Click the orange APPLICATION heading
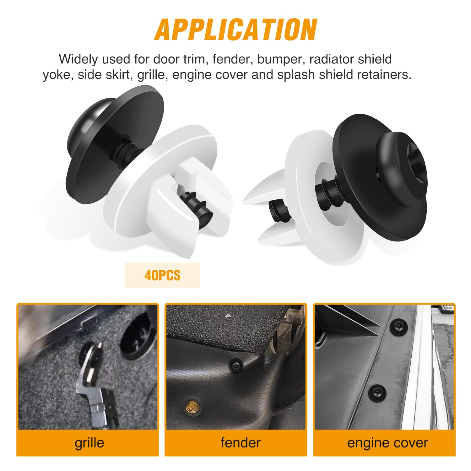(x=235, y=30)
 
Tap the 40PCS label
(x=162, y=275)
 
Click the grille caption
(x=89, y=443)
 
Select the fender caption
(x=241, y=443)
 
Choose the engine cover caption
(x=387, y=443)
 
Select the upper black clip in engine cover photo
(x=397, y=327)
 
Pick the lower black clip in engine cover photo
(x=376, y=392)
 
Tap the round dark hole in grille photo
(x=138, y=338)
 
